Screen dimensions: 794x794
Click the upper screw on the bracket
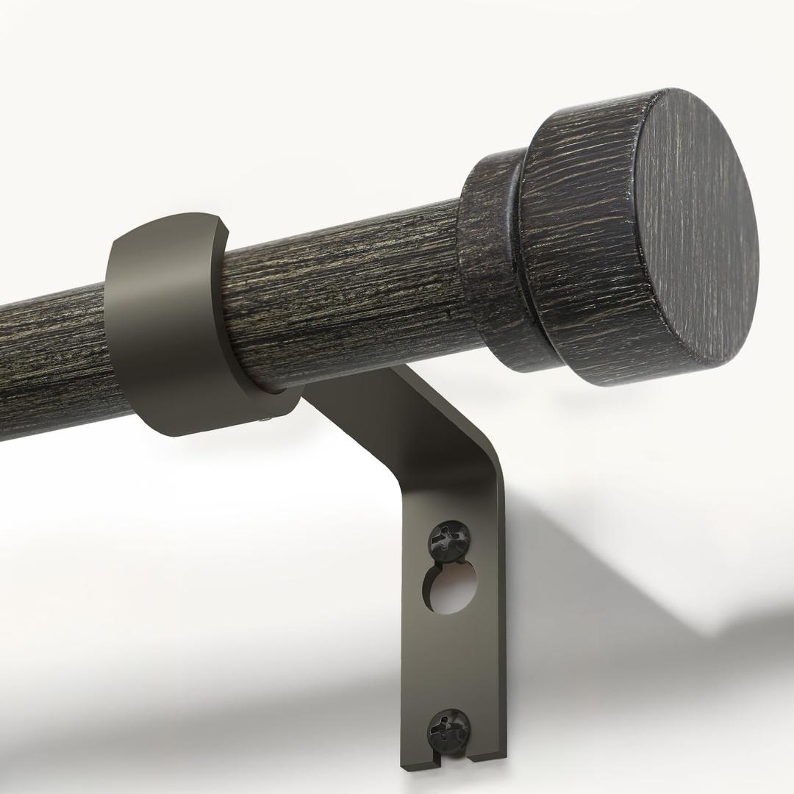pyautogui.click(x=448, y=541)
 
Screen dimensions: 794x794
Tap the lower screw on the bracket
pyautogui.click(x=448, y=728)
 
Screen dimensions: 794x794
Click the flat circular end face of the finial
pyautogui.click(x=694, y=228)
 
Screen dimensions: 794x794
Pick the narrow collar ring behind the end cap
pyautogui.click(x=491, y=257)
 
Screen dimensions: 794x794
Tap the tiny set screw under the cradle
pyautogui.click(x=265, y=421)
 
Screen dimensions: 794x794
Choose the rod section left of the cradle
pyautogui.click(x=51, y=360)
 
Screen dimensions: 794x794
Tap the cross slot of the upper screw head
pyautogui.click(x=448, y=540)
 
